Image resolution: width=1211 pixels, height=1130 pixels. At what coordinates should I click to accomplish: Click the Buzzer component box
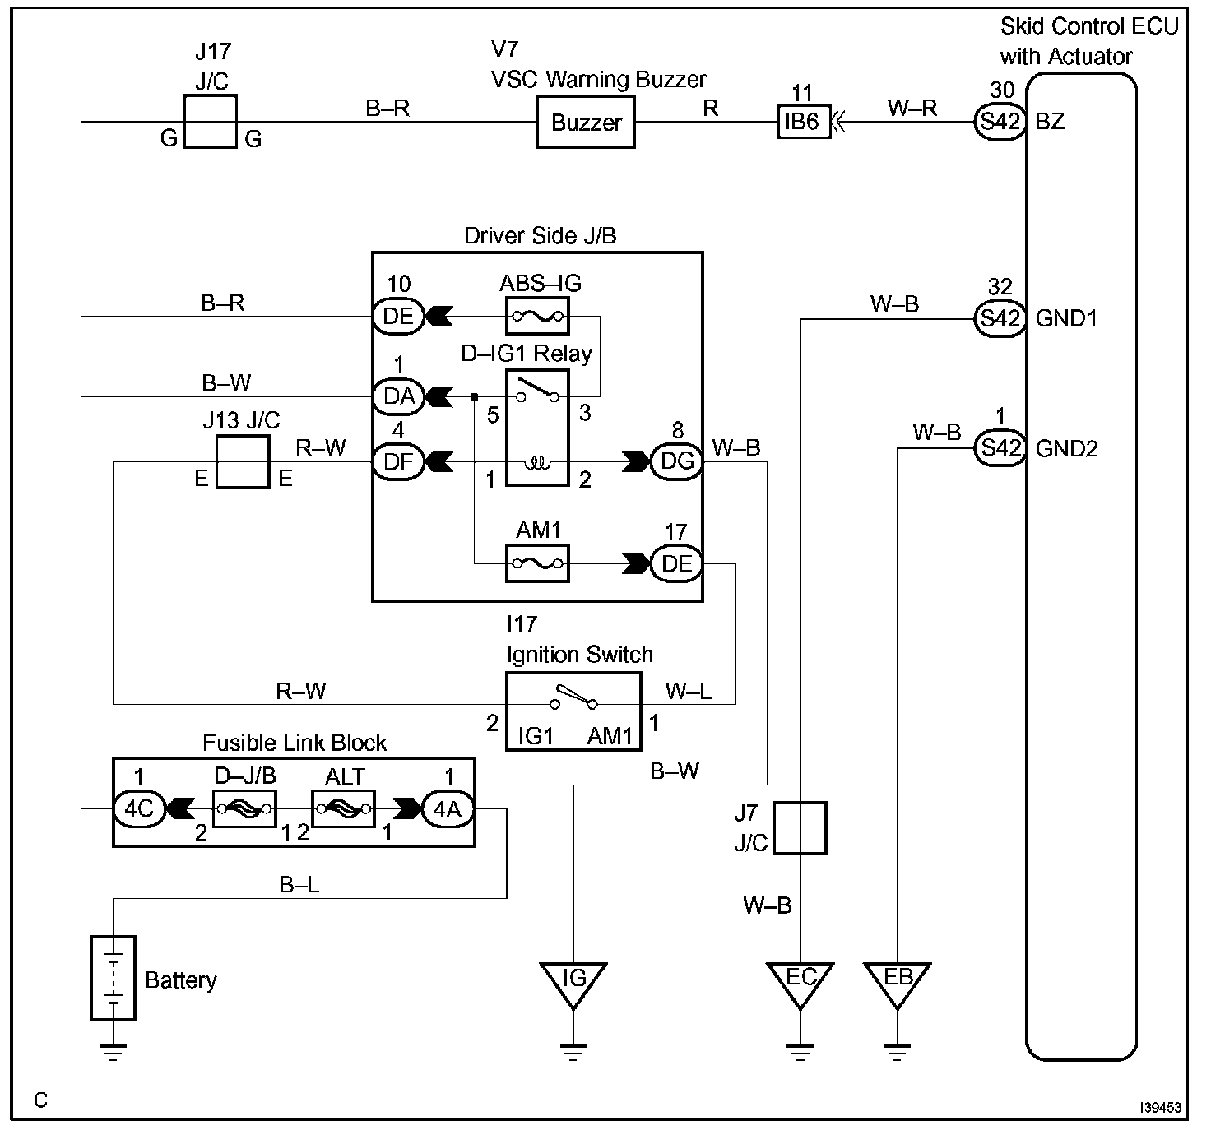click(x=586, y=122)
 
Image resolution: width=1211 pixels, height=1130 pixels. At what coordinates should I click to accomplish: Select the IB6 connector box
click(x=803, y=122)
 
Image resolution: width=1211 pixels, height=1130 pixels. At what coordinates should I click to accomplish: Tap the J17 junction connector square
click(x=210, y=122)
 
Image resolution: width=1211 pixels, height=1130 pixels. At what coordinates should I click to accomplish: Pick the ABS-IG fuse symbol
click(x=537, y=316)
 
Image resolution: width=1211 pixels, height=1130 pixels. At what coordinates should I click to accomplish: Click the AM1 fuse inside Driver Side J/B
click(x=537, y=563)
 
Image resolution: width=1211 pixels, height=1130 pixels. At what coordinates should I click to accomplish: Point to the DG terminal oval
click(x=677, y=461)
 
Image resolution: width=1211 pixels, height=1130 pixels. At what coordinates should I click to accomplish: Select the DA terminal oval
click(x=398, y=397)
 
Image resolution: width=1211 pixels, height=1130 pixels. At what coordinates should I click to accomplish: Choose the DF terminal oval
click(x=398, y=461)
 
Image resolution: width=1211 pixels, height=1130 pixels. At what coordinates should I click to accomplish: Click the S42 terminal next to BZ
click(x=1000, y=122)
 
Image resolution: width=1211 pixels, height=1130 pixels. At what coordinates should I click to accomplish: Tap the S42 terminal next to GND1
click(x=1000, y=318)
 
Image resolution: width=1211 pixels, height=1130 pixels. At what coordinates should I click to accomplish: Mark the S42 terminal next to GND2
click(x=1000, y=448)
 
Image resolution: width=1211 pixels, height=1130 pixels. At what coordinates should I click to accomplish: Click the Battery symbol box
click(x=114, y=979)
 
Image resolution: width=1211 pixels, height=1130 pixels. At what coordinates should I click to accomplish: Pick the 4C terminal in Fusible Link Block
click(x=140, y=809)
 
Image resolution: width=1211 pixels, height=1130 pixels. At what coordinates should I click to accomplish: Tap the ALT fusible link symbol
click(x=343, y=809)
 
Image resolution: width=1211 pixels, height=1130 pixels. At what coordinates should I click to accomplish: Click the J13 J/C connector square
click(x=243, y=461)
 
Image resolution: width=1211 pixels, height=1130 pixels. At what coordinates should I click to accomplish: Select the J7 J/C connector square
click(x=800, y=828)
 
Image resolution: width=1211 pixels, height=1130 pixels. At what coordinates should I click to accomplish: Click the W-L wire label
click(x=689, y=691)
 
